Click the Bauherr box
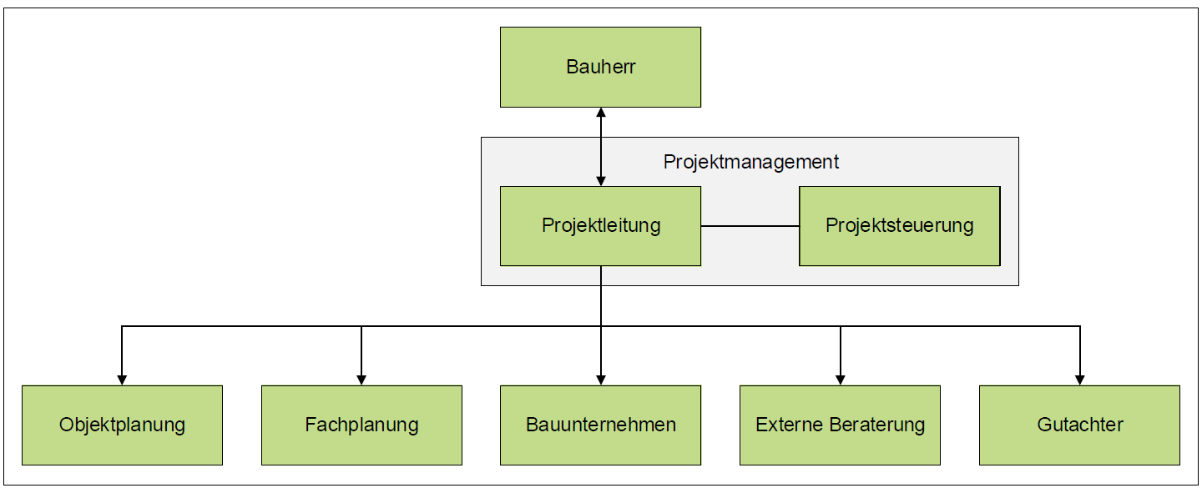[x=600, y=67]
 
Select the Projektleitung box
[x=600, y=226]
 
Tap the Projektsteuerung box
[x=899, y=226]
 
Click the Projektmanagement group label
[x=750, y=162]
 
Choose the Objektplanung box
[x=123, y=425]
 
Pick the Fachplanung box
[x=361, y=425]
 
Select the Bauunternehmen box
[x=600, y=425]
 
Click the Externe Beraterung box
[x=840, y=425]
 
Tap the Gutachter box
[x=1079, y=425]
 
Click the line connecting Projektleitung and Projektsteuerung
[x=750, y=226]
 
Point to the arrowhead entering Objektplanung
[x=122, y=380]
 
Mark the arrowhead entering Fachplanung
[x=361, y=380]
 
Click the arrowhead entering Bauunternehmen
[x=601, y=380]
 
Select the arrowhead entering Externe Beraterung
[x=841, y=380]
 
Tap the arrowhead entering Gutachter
[x=1079, y=380]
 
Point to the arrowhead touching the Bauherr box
[x=601, y=112]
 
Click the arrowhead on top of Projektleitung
[x=601, y=181]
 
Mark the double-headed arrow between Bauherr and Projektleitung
[x=601, y=147]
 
